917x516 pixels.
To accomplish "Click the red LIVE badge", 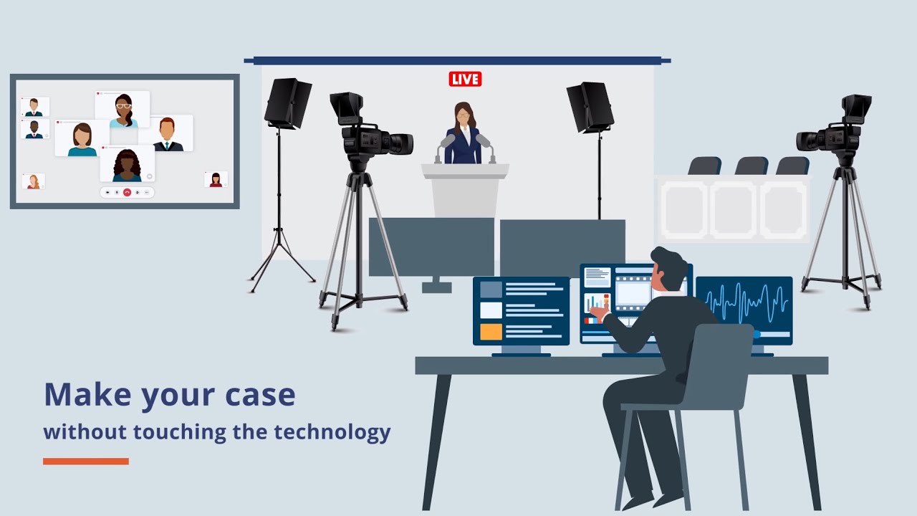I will pos(465,79).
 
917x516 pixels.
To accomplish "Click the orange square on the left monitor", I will pos(491,332).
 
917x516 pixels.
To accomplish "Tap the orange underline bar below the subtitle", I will pos(86,462).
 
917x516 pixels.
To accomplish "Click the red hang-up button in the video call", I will pos(127,192).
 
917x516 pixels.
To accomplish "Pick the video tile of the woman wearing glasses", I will pos(123,110).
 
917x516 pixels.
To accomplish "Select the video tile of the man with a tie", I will pos(168,134).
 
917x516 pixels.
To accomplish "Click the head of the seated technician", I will pos(668,270).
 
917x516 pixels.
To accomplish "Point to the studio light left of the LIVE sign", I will pos(287,103).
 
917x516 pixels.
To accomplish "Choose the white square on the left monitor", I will pos(491,310).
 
